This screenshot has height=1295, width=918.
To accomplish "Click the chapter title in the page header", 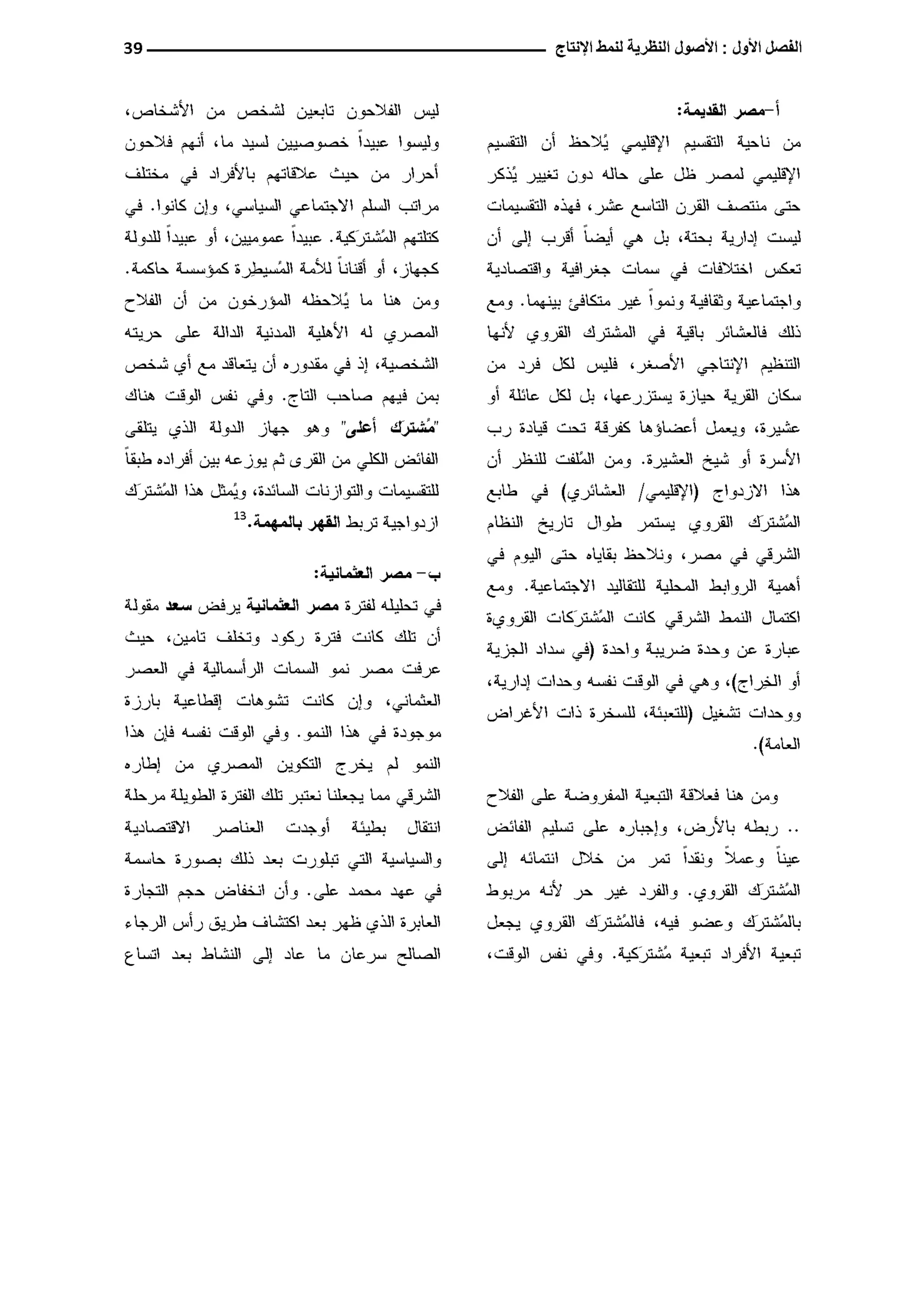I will coord(678,48).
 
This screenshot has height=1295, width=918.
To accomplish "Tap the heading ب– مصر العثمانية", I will coord(377,575).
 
